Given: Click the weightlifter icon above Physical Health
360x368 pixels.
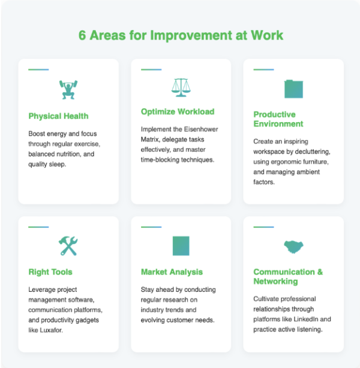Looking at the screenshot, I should coord(68,89).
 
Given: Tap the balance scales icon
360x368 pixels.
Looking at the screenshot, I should coord(180,88).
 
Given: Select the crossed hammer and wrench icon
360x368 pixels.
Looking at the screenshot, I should coord(68,245).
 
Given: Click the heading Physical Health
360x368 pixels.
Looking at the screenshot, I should coord(58,116).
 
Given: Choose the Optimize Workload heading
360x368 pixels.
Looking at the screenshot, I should coord(177,111).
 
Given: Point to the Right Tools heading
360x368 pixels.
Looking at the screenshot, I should coord(50,272).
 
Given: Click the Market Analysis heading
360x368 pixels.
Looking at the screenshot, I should coord(172,272).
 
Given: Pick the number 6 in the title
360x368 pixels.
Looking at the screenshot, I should coord(83,35).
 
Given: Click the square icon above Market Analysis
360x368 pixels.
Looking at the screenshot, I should coord(181,246).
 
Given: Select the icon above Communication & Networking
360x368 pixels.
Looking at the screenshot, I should coord(293,246).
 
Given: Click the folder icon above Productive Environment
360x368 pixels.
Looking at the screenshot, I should coord(293,89).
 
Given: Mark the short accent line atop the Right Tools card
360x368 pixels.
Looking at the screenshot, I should coord(38,227).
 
